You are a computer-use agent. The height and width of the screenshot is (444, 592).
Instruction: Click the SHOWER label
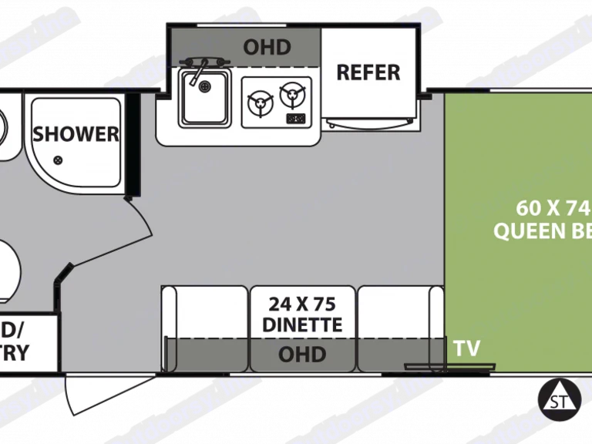point(76,133)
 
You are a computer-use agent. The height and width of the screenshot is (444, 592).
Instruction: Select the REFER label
point(368,72)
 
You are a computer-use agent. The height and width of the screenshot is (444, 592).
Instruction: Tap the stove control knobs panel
point(294,119)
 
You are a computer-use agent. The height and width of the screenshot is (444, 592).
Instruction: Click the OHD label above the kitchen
point(267,47)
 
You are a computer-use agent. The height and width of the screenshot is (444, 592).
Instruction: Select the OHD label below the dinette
point(301,355)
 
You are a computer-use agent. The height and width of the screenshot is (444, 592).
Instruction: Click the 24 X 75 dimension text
point(301,301)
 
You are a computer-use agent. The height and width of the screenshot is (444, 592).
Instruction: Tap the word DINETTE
point(301,325)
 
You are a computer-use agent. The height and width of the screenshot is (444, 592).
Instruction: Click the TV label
point(467,348)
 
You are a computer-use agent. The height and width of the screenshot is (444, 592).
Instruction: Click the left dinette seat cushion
point(205,312)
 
